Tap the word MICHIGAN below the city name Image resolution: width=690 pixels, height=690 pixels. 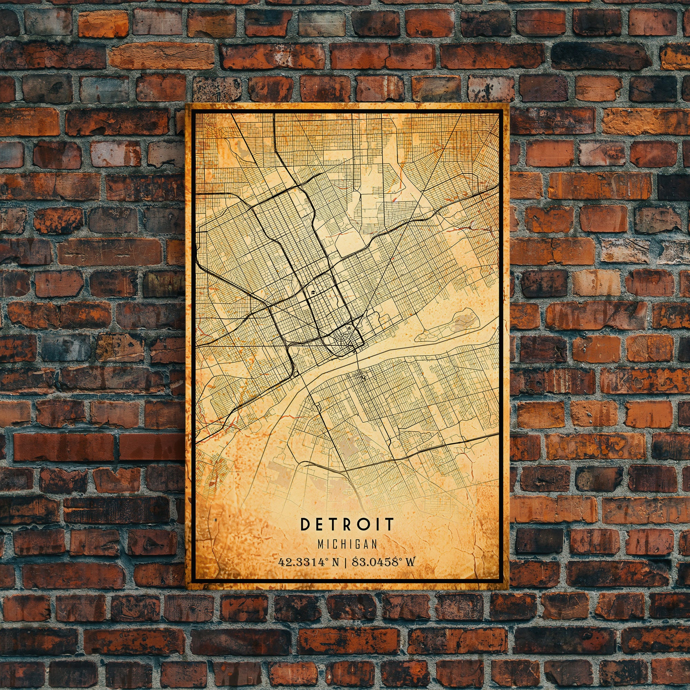click(x=347, y=544)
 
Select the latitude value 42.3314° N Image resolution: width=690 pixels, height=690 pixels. click(x=308, y=562)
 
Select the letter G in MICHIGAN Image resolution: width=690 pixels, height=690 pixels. click(x=357, y=544)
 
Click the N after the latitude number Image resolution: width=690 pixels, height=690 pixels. click(x=335, y=562)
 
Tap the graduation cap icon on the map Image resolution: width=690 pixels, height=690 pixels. click(x=313, y=293)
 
